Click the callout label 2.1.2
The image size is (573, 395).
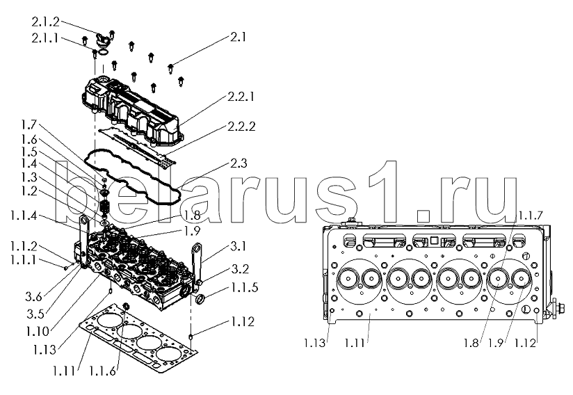[x=45, y=22]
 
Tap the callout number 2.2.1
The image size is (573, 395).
[x=241, y=97]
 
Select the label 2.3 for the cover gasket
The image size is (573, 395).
[x=239, y=163]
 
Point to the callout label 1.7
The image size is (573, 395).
[x=29, y=125]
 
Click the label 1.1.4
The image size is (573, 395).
[x=24, y=216]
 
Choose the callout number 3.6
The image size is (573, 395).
[x=33, y=297]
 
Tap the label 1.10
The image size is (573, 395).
[x=38, y=332]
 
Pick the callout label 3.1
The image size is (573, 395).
[x=238, y=247]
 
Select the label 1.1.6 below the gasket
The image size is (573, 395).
[x=102, y=371]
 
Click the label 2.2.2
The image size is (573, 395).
[x=241, y=127]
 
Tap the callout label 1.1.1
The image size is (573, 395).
[x=24, y=260]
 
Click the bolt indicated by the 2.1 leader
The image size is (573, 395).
[x=170, y=68]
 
